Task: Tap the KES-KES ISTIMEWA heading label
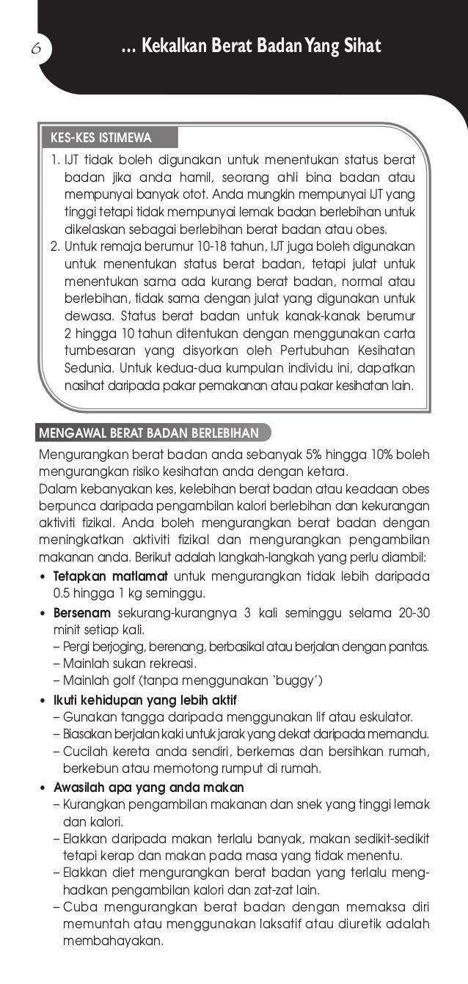[x=100, y=138]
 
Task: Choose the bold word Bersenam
[x=81, y=612]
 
